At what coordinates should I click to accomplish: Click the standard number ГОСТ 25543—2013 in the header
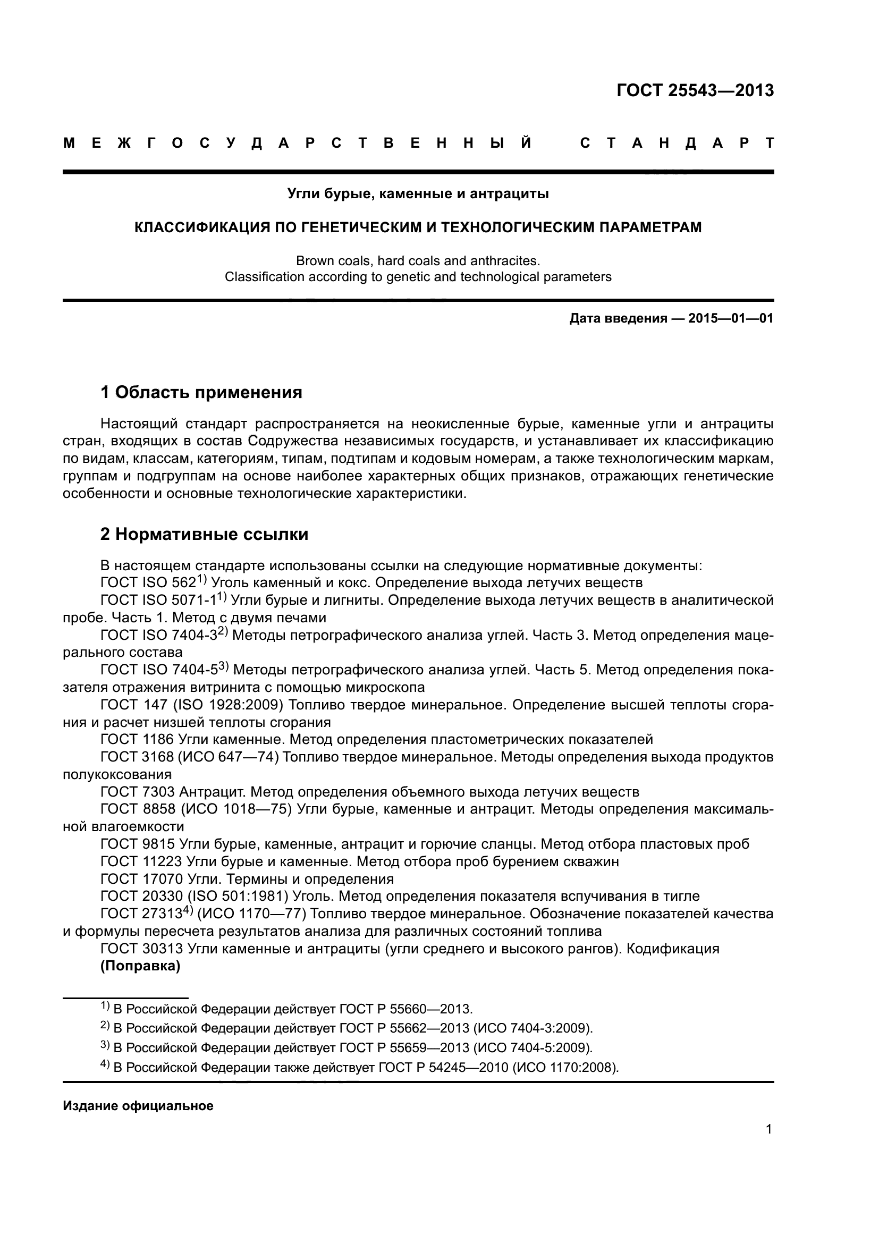pyautogui.click(x=695, y=90)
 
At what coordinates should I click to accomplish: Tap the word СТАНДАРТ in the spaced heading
pyautogui.click(x=677, y=143)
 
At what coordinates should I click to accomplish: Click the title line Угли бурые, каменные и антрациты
pyautogui.click(x=418, y=194)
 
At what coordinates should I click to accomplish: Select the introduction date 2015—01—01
pyautogui.click(x=730, y=318)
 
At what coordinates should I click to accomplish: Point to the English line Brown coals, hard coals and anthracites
pyautogui.click(x=418, y=261)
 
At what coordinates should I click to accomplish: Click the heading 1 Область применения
pyautogui.click(x=201, y=392)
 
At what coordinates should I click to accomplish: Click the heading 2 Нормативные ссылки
pyautogui.click(x=205, y=534)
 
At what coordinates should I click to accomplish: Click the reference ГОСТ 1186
pyautogui.click(x=138, y=740)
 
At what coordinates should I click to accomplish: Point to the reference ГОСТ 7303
pyautogui.click(x=138, y=792)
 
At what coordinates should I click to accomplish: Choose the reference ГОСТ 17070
pyautogui.click(x=141, y=878)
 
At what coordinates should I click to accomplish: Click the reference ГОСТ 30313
pyautogui.click(x=141, y=949)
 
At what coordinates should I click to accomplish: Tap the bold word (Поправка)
pyautogui.click(x=140, y=966)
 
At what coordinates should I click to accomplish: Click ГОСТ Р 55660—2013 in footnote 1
pyautogui.click(x=405, y=1009)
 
